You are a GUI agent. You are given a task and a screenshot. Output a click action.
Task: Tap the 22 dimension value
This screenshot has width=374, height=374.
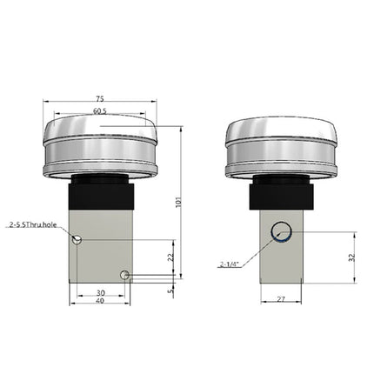[x=170, y=257]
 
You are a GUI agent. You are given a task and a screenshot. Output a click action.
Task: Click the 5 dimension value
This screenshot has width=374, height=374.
[x=170, y=291]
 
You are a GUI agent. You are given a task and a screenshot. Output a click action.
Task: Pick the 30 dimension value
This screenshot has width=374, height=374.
[x=100, y=292]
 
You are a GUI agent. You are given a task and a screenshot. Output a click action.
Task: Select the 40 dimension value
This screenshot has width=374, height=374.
[x=100, y=303]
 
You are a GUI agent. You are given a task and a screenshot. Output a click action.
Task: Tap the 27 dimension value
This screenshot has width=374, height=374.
[x=281, y=298]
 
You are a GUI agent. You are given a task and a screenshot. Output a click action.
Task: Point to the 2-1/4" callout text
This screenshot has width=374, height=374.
[x=230, y=264]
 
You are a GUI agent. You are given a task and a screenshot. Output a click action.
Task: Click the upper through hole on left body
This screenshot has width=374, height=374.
[x=77, y=240]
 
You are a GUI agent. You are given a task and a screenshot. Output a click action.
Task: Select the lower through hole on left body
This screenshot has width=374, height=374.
[x=126, y=276]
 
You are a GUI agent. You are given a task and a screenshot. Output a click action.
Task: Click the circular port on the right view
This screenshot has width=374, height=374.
[x=280, y=232]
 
